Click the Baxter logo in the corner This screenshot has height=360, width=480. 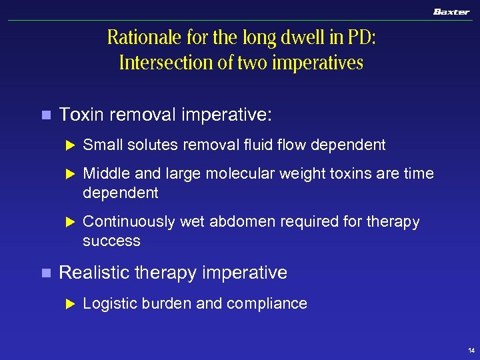[x=451, y=12]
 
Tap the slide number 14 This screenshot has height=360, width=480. [x=471, y=351]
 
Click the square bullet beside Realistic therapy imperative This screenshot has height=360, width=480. [x=45, y=273]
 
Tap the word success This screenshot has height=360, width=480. [x=111, y=241]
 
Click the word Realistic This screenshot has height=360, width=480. [x=95, y=273]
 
